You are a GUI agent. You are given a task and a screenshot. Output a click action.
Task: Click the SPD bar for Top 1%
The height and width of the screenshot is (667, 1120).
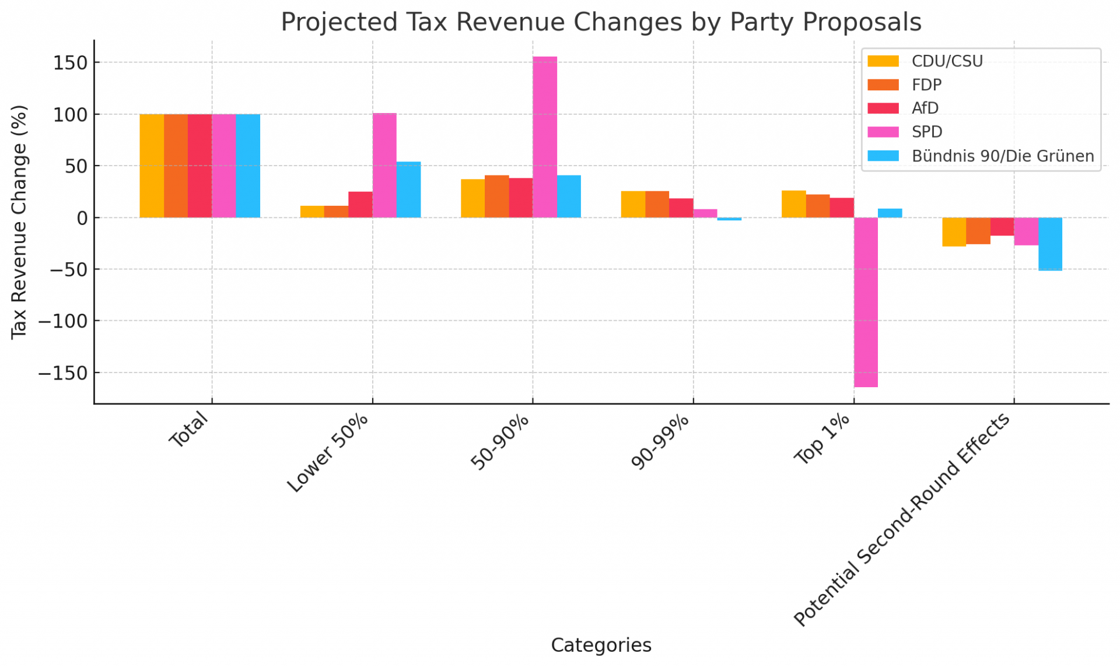pyautogui.click(x=866, y=302)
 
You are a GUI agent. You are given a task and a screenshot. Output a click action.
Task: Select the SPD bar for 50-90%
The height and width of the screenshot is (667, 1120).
pyautogui.click(x=544, y=137)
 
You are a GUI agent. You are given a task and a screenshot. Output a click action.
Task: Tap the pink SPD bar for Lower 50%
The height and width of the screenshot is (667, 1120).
pyautogui.click(x=384, y=165)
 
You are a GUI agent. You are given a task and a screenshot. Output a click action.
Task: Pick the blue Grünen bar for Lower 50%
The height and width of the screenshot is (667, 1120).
pyautogui.click(x=408, y=189)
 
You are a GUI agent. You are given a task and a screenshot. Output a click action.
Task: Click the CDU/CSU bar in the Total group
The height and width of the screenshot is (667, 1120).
pyautogui.click(x=152, y=166)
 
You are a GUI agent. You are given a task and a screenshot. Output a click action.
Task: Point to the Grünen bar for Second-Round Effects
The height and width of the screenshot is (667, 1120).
pyautogui.click(x=1050, y=244)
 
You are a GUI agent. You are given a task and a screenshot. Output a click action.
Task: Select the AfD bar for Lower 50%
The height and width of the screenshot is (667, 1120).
pyautogui.click(x=360, y=204)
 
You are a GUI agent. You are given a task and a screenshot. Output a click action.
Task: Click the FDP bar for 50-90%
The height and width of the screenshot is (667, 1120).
pyautogui.click(x=496, y=196)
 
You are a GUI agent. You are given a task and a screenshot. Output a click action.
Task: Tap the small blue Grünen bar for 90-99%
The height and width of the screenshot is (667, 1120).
pyautogui.click(x=729, y=219)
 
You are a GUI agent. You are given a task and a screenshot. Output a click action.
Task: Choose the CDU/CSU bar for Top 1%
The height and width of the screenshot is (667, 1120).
pyautogui.click(x=793, y=204)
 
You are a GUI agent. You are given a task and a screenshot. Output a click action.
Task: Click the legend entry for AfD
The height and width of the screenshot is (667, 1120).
pyautogui.click(x=925, y=108)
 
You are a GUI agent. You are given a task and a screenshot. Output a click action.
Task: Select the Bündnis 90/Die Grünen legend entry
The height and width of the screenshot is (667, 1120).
pyautogui.click(x=1002, y=156)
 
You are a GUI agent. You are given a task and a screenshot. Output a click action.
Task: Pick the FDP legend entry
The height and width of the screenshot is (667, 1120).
pyautogui.click(x=926, y=85)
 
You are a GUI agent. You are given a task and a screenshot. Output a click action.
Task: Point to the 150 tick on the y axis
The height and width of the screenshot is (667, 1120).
pyautogui.click(x=69, y=62)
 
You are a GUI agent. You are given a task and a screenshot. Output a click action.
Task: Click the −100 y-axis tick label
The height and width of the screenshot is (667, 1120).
pyautogui.click(x=62, y=321)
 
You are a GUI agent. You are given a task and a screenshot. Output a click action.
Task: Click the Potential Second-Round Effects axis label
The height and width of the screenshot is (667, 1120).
pyautogui.click(x=902, y=519)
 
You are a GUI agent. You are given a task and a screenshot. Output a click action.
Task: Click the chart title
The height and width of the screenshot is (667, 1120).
pyautogui.click(x=601, y=22)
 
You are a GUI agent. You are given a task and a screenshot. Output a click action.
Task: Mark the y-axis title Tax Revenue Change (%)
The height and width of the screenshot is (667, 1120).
pyautogui.click(x=19, y=222)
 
